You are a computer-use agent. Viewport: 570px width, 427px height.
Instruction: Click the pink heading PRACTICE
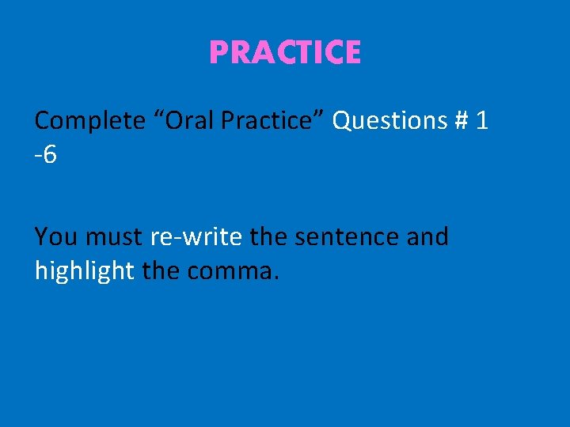tap(285, 53)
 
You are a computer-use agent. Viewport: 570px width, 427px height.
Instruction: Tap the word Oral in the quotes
tap(180, 121)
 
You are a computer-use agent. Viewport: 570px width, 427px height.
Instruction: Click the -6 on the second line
tap(46, 155)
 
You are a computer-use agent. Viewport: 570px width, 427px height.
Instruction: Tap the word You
tap(56, 236)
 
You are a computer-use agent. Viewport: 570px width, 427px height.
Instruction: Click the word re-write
tap(196, 236)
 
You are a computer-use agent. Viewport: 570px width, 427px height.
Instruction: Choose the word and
tap(428, 236)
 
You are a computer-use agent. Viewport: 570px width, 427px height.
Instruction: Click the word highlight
tap(85, 271)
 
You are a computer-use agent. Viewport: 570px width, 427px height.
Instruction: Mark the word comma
tap(230, 272)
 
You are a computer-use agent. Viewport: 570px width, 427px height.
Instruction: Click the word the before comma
tap(161, 271)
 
